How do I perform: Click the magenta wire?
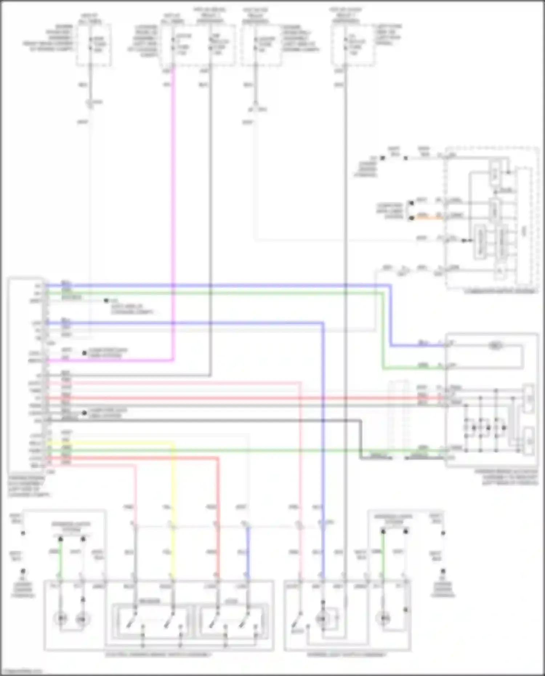(x=174, y=218)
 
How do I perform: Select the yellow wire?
(x=172, y=509)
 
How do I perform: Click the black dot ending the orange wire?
(x=411, y=218)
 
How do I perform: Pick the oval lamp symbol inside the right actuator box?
(x=495, y=345)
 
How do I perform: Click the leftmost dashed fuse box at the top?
(x=93, y=45)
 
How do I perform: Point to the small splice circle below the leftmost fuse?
(x=89, y=103)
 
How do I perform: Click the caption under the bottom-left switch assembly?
(x=158, y=655)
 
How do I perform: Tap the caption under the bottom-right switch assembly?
(x=347, y=655)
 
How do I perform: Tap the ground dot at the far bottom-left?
(x=23, y=571)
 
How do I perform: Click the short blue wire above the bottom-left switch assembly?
(x=248, y=552)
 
